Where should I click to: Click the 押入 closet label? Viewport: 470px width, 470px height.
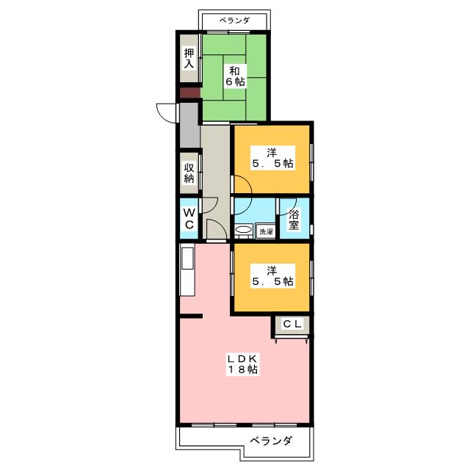(x=189, y=58)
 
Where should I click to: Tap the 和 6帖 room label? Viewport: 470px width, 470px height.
(x=235, y=76)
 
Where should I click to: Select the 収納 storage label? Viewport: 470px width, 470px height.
(x=189, y=173)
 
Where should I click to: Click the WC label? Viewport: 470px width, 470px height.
(x=189, y=219)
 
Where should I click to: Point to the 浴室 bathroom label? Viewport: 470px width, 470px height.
(x=294, y=220)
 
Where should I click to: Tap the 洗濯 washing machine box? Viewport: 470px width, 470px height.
(x=266, y=231)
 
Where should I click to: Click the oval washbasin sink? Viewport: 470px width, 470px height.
(x=244, y=230)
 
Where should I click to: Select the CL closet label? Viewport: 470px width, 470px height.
(x=292, y=324)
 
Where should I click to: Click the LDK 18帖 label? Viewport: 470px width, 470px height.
(x=242, y=364)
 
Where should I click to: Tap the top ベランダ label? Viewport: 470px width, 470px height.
(x=234, y=21)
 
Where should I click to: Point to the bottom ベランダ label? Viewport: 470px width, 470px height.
(x=271, y=441)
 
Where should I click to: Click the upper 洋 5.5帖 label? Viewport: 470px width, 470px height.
(x=272, y=158)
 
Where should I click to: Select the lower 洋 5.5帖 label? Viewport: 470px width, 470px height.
(x=272, y=276)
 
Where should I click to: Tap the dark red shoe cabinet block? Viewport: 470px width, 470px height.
(x=189, y=93)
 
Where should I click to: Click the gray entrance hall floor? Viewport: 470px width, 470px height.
(x=189, y=126)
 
